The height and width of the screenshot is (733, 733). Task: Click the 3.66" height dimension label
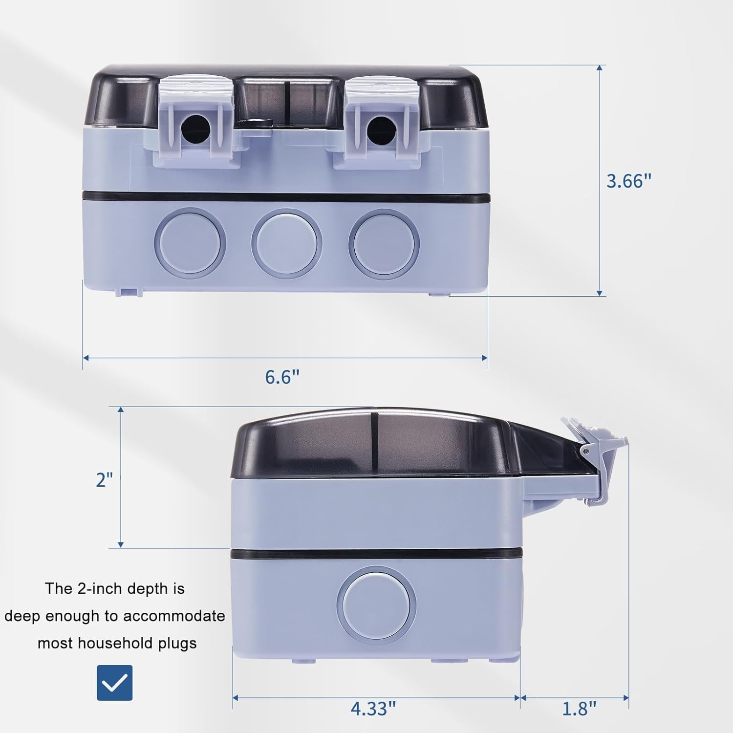pos(628,181)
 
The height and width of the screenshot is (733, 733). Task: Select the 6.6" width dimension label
pos(282,377)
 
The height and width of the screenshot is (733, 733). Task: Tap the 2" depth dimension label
pos(104,480)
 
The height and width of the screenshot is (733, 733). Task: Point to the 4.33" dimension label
pos(373,708)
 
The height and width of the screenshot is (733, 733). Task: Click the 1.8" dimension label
pos(579,708)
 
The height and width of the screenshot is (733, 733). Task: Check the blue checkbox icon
pos(114,683)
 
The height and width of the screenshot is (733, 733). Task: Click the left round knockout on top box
pos(190,242)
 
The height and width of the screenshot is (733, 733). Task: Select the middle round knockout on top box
pos(287,242)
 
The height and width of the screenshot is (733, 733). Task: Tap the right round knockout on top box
pos(384,242)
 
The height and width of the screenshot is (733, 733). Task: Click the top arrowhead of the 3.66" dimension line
pos(600,68)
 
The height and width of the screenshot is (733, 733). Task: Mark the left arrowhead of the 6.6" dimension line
pos(86,358)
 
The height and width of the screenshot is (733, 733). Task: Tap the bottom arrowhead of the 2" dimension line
pos(121,544)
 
